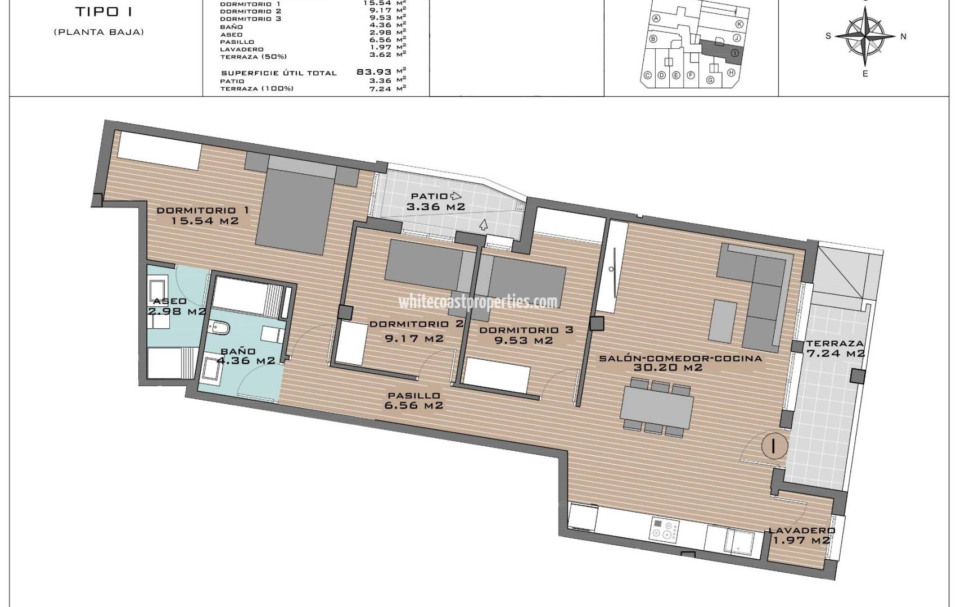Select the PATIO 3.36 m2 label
point(436,201)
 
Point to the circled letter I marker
point(774,446)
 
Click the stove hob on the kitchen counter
point(665,529)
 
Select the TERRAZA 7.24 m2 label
point(835,348)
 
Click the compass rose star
point(865,36)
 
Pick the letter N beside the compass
point(904,37)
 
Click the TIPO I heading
point(99,12)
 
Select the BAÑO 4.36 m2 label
point(239,356)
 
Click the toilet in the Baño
point(217,332)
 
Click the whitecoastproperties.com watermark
point(478,302)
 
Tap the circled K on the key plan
point(739,24)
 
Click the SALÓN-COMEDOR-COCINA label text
point(680,359)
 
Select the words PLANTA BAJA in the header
point(99,32)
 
